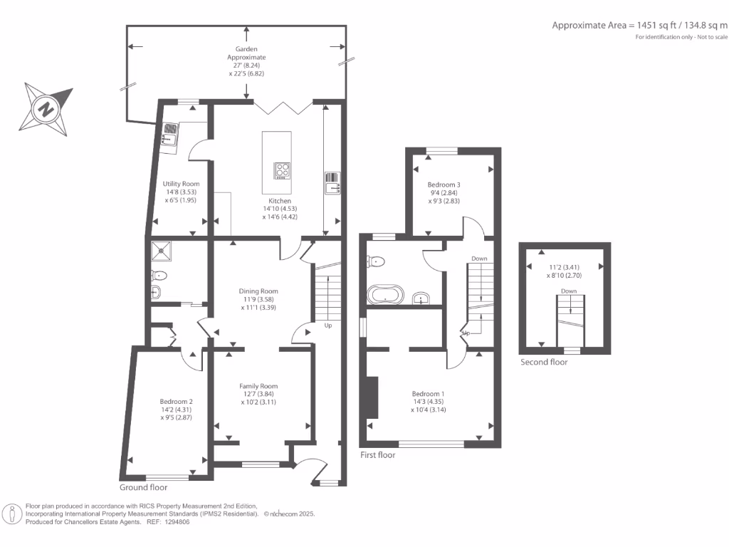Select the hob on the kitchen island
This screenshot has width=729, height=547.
(283, 171)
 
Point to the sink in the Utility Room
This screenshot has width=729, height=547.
(171, 130)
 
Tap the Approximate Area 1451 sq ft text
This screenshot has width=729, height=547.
(640, 25)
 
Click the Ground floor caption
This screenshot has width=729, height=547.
(144, 487)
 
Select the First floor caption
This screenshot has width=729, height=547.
(377, 454)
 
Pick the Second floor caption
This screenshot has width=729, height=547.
(544, 362)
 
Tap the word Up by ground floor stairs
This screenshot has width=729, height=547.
(328, 325)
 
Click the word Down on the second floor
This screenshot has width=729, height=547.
(569, 291)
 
